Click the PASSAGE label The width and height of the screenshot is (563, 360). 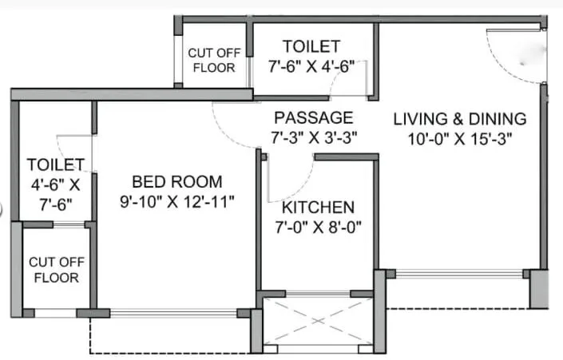coord(311,117)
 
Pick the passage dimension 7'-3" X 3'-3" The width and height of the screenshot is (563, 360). coord(312,136)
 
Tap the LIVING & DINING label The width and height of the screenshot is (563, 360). coord(460,119)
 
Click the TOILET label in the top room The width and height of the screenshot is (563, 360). coord(311,47)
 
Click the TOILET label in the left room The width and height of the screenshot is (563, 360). coord(56,164)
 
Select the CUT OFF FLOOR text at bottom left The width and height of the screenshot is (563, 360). coord(54,269)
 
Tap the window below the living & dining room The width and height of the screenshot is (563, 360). coord(459,274)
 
